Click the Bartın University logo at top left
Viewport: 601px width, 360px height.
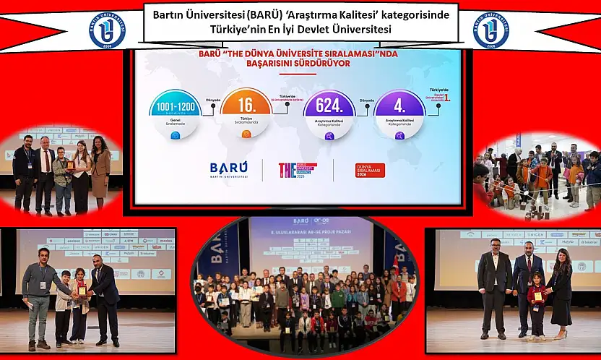(107, 30)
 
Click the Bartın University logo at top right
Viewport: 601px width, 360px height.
(490, 30)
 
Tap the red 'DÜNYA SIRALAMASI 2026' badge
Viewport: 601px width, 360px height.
(365, 171)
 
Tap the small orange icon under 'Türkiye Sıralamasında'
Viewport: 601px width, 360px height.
(246, 134)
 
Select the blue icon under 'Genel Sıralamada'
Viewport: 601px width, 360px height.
(176, 134)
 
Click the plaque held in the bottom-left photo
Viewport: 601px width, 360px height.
(82, 291)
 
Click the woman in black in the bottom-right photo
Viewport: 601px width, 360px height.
(559, 290)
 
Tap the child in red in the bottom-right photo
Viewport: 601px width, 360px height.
(536, 304)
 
